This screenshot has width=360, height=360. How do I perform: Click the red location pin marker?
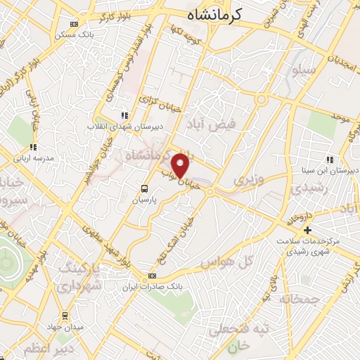(181, 165)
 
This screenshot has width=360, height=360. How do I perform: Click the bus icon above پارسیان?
(144, 188)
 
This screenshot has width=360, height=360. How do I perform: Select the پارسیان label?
(145, 200)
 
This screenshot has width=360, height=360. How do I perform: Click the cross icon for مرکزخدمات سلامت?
(307, 230)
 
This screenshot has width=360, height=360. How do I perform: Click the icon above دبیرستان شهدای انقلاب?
(124, 115)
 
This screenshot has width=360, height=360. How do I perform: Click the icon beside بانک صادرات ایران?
(153, 276)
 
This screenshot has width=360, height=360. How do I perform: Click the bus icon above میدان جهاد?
(65, 315)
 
